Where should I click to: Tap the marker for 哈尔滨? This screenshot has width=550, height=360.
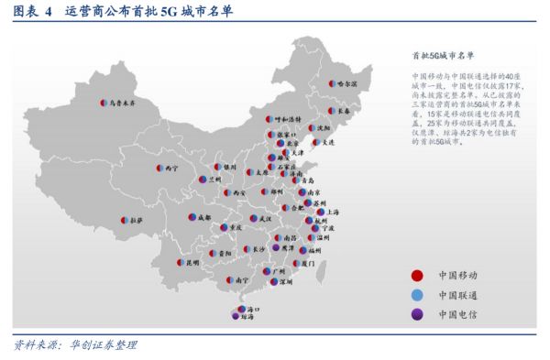click(x=331, y=83)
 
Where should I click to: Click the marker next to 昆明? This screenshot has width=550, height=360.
click(x=180, y=262)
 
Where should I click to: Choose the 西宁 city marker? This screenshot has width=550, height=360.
click(x=160, y=169)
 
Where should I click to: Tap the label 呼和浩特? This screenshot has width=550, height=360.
click(x=290, y=119)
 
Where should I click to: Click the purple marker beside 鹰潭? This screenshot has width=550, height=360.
click(x=277, y=247)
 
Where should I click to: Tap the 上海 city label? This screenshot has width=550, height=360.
click(x=334, y=211)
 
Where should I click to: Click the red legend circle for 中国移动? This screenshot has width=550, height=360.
click(x=417, y=274)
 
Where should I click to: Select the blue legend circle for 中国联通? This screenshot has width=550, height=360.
click(x=417, y=295)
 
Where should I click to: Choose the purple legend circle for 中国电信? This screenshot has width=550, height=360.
click(x=417, y=316)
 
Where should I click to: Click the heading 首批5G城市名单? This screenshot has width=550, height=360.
click(x=444, y=55)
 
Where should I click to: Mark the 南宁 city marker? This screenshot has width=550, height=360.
click(x=229, y=279)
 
